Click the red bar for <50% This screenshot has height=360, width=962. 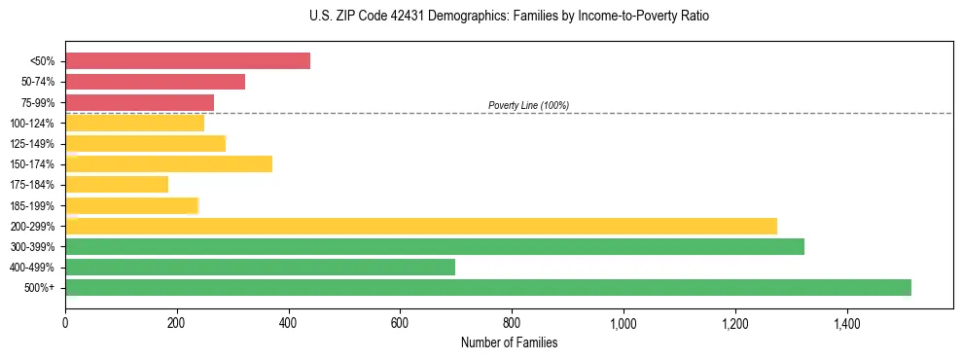[x=188, y=60]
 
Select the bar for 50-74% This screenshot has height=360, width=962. [x=155, y=82]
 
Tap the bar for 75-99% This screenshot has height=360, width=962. [x=139, y=102]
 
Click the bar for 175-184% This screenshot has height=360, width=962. [x=117, y=184]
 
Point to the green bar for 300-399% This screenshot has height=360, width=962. [x=435, y=246]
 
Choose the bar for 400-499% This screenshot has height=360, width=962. [x=260, y=267]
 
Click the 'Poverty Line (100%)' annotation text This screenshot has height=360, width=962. [x=528, y=105]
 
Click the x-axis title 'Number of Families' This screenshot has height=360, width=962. [x=509, y=342]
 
